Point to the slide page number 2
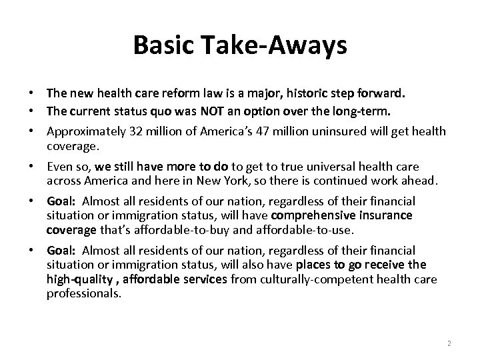pos(449,343)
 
